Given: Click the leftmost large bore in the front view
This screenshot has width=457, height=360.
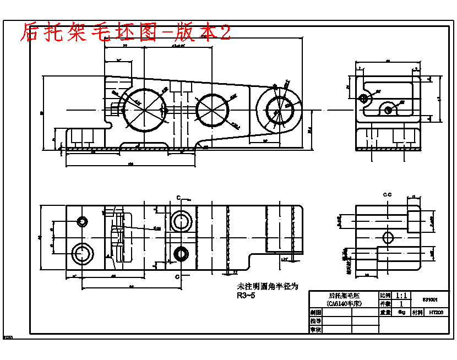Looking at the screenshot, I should [144, 109].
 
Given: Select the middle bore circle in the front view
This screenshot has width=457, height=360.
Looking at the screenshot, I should [212, 109].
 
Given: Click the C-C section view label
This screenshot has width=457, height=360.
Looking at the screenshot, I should [387, 195].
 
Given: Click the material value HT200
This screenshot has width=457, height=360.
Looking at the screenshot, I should [436, 312].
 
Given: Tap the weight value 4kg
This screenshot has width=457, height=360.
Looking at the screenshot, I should [401, 312].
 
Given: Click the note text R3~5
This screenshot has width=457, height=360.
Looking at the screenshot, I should [246, 296].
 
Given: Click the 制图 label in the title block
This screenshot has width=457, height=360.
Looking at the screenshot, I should [315, 312].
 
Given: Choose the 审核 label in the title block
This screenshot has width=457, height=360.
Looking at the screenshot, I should [315, 329].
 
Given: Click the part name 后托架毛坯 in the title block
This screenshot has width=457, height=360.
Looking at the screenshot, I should [344, 296].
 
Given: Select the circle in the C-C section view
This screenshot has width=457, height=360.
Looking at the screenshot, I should [388, 238].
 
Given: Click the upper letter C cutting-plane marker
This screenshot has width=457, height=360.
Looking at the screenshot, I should [178, 197].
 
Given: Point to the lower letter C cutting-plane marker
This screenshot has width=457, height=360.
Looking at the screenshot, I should [178, 275].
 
